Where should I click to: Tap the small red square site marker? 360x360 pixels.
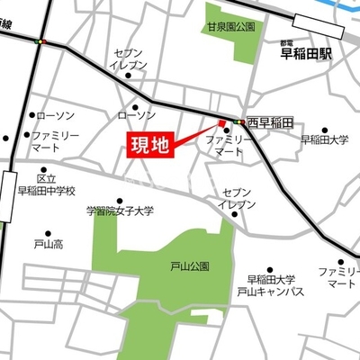click(221, 123)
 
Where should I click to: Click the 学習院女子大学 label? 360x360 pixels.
click(120, 211)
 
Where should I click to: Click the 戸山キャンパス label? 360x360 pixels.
click(270, 292)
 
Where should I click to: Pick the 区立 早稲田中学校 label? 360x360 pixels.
click(47, 184)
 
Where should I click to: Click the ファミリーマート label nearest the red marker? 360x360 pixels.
click(227, 148)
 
